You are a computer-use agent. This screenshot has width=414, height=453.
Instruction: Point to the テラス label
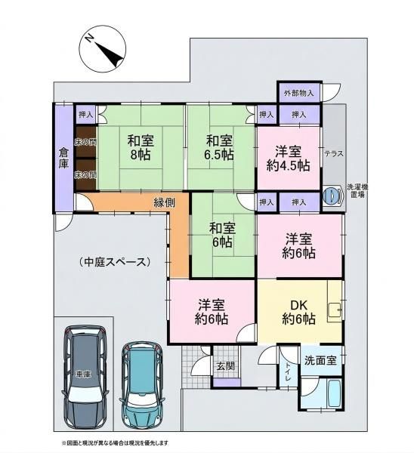(x=333, y=153)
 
